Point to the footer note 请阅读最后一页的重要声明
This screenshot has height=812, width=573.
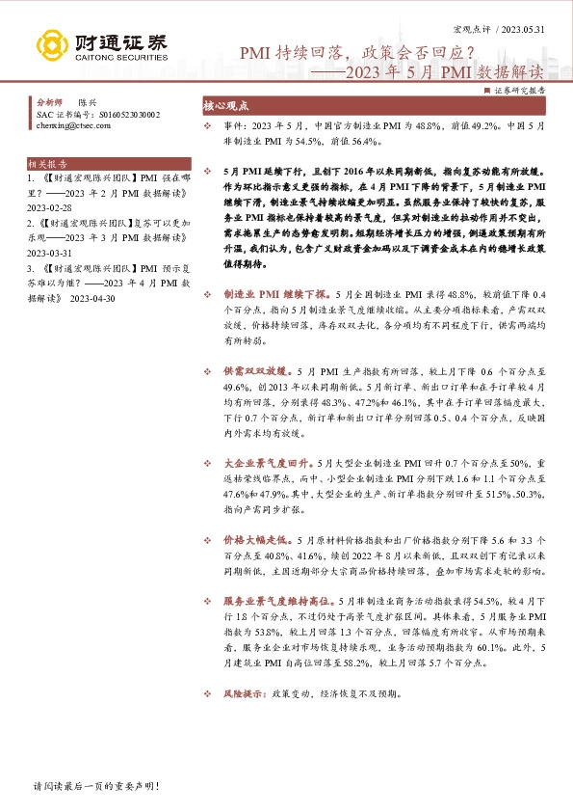pyautogui.click(x=82, y=788)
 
